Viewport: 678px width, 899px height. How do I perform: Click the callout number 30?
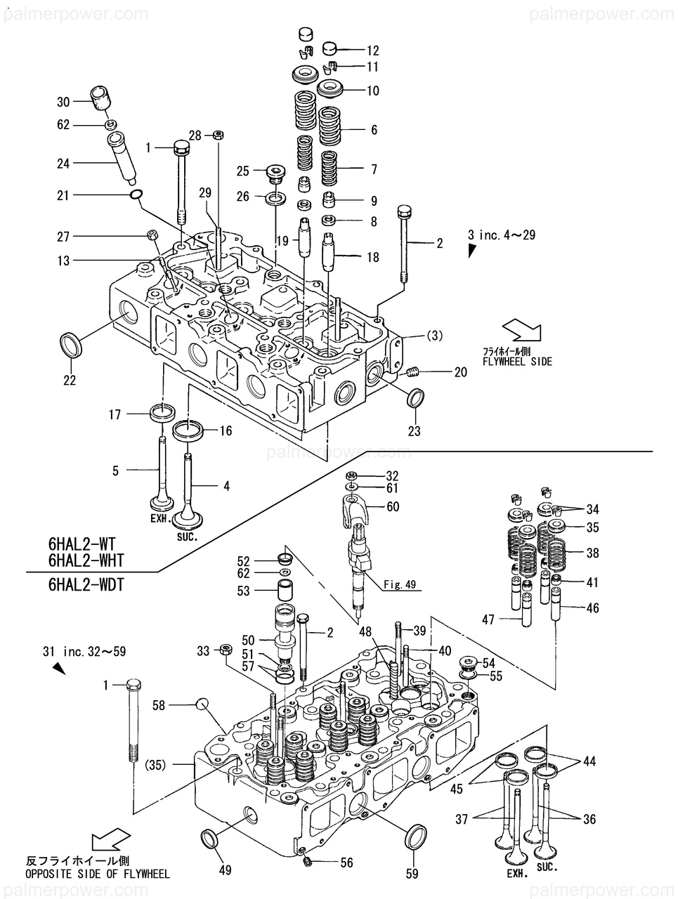point(63,102)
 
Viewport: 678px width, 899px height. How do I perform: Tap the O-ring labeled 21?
point(136,194)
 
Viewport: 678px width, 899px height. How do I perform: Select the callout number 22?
point(70,380)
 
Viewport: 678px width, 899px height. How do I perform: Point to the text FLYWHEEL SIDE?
point(517,362)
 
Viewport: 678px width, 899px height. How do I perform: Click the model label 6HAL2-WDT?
point(86,584)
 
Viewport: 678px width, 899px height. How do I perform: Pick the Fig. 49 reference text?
point(400,584)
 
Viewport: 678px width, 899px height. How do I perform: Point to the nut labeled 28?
point(219,134)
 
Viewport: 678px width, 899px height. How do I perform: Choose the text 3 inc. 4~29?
point(502,235)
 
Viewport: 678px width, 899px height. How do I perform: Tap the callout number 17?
point(115,414)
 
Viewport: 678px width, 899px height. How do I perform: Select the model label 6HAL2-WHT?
point(86,560)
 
